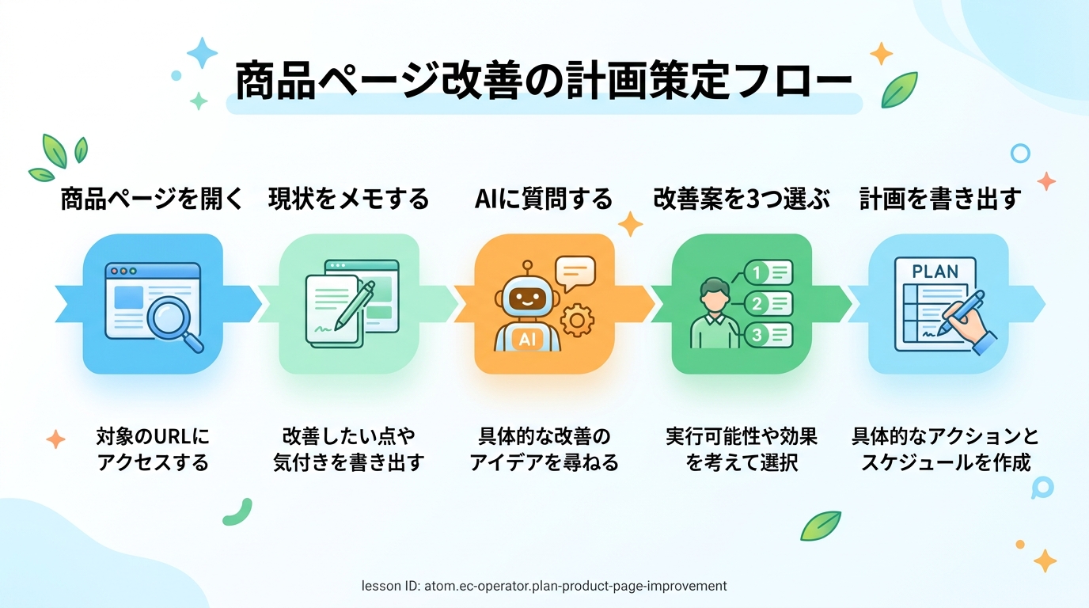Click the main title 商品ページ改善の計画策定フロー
pyautogui.click(x=544, y=81)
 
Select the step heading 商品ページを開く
pyautogui.click(x=152, y=199)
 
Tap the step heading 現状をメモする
pyautogui.click(x=348, y=199)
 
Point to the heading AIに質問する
pyautogui.click(x=544, y=199)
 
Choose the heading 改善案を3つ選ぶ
pyautogui.click(x=741, y=199)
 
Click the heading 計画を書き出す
pyautogui.click(x=939, y=199)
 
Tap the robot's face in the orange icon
pyautogui.click(x=527, y=297)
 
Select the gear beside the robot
pyautogui.click(x=577, y=320)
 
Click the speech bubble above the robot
pyautogui.click(x=575, y=273)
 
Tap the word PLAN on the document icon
pyautogui.click(x=935, y=271)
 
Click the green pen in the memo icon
pyautogui.click(x=355, y=305)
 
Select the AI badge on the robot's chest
pyautogui.click(x=527, y=339)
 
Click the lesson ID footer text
pyautogui.click(x=544, y=586)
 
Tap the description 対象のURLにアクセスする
pyautogui.click(x=153, y=449)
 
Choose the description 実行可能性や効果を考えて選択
pyautogui.click(x=742, y=449)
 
